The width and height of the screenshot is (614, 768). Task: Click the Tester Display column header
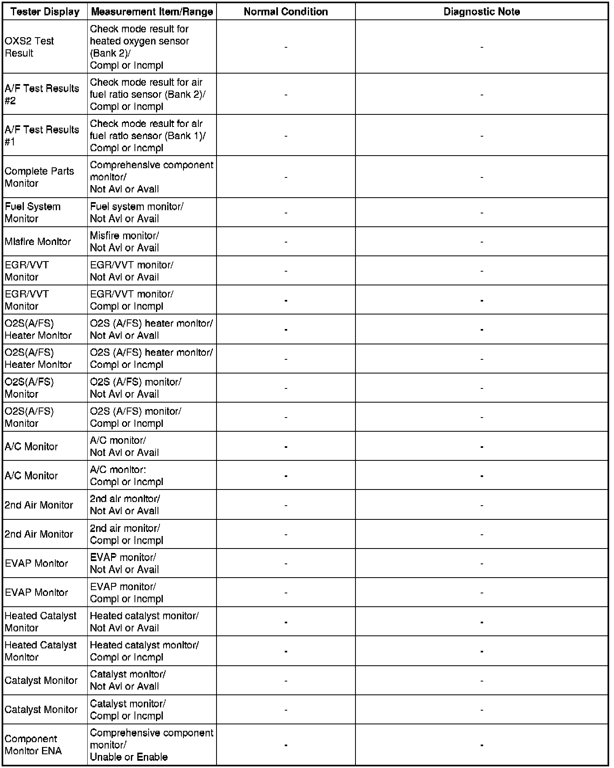pyautogui.click(x=45, y=12)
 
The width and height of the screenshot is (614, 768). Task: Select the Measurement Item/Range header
pyautogui.click(x=152, y=12)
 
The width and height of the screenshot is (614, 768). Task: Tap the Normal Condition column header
pyautogui.click(x=286, y=12)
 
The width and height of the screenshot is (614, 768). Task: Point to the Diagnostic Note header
pyautogui.click(x=482, y=12)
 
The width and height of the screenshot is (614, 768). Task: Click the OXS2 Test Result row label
pyautogui.click(x=29, y=47)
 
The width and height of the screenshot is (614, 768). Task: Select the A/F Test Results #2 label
pyautogui.click(x=42, y=94)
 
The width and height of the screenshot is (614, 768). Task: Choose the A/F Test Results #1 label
pyautogui.click(x=42, y=135)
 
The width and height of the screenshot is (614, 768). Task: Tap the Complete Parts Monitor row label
pyautogui.click(x=39, y=177)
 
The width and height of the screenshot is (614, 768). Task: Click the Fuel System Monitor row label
pyautogui.click(x=32, y=212)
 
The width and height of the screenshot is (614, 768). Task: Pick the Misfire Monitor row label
pyautogui.click(x=38, y=241)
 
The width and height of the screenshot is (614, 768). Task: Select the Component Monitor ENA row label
pyautogui.click(x=33, y=745)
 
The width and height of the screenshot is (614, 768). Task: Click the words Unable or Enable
pyautogui.click(x=128, y=757)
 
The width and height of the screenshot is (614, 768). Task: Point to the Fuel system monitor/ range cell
pyautogui.click(x=137, y=212)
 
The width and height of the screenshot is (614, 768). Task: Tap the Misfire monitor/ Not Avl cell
pyautogui.click(x=124, y=241)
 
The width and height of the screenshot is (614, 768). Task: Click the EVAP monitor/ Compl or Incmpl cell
pyautogui.click(x=126, y=593)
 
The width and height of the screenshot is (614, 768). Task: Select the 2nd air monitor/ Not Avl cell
pyautogui.click(x=125, y=504)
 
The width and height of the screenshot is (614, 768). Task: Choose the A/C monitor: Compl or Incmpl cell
pyautogui.click(x=126, y=475)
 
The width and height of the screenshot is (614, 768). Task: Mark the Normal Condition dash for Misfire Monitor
pyautogui.click(x=286, y=242)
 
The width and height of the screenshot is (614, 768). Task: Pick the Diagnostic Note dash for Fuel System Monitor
pyautogui.click(x=482, y=213)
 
